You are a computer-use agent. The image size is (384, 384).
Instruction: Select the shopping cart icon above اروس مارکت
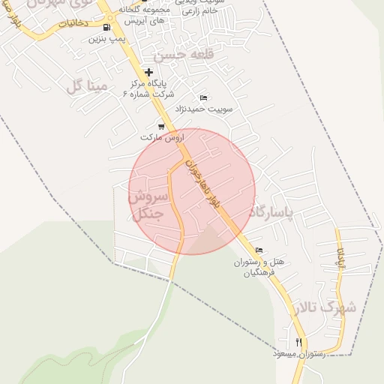coord(160,126)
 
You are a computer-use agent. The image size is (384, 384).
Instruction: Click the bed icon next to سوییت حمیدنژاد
coord(203,97)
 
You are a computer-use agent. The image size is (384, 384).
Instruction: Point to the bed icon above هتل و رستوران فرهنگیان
coord(259,250)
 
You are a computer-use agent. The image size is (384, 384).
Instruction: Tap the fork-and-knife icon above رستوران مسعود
coord(298,342)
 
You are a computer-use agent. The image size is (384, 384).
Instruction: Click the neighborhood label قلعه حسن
coord(178,55)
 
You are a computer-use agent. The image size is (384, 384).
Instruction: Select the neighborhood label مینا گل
coord(89,85)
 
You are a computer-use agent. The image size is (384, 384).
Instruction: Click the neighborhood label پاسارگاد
coord(277,212)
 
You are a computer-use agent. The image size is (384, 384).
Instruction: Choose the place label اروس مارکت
coord(162,138)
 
